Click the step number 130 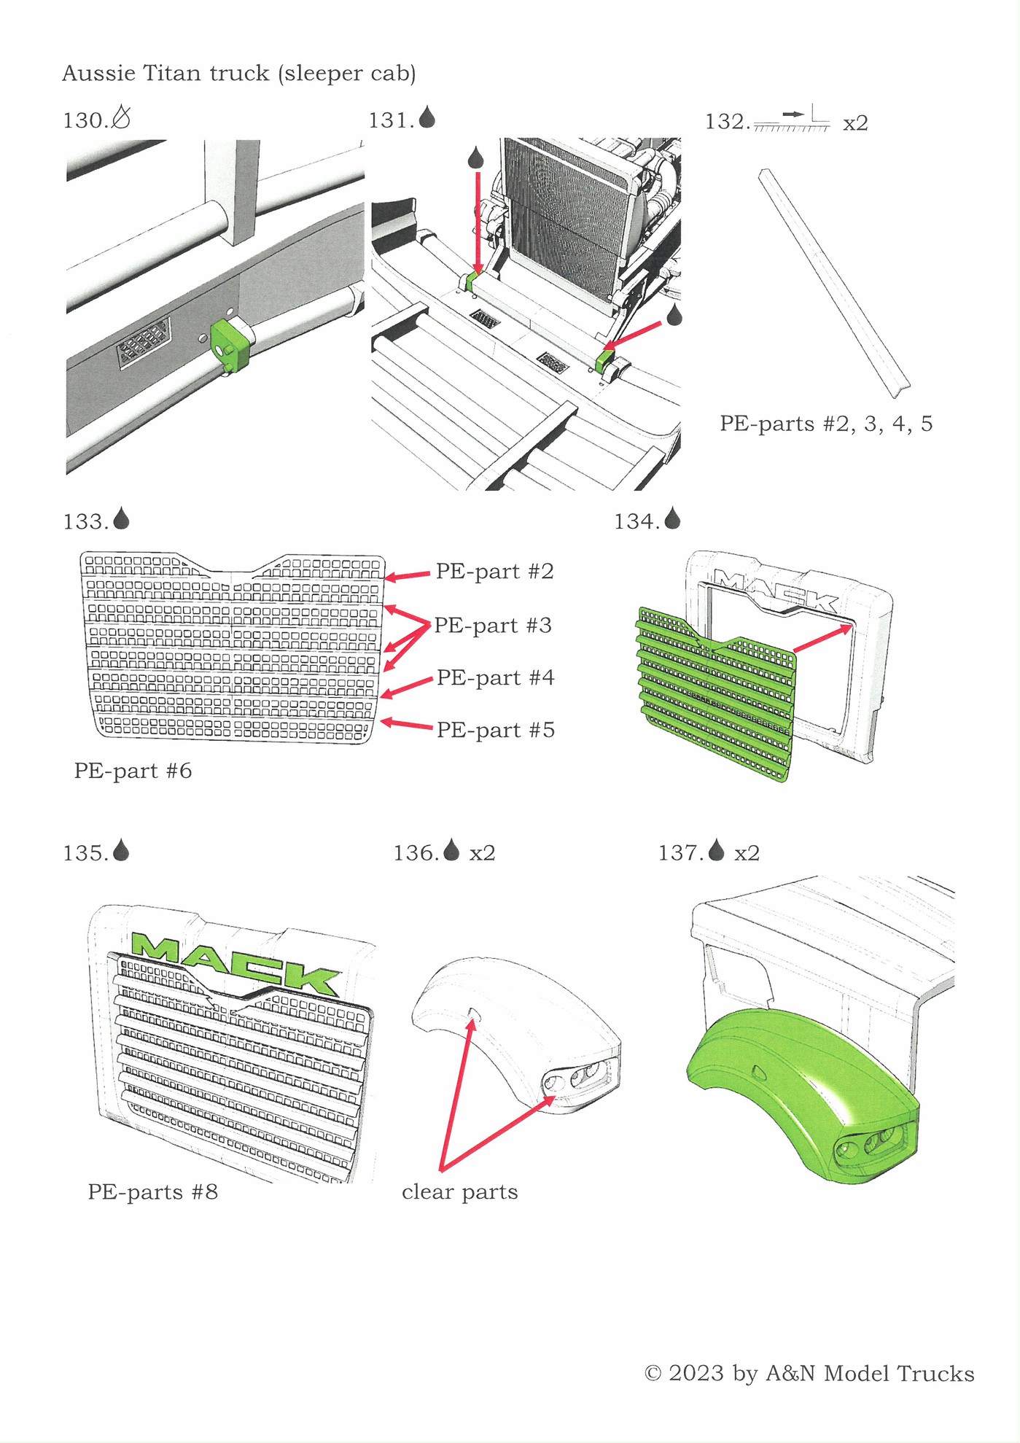[x=85, y=120]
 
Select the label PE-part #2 [x=494, y=572]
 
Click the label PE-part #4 [x=495, y=678]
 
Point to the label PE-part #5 [x=495, y=731]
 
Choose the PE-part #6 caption [x=133, y=771]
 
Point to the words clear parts [x=459, y=1192]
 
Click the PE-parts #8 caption [x=152, y=1192]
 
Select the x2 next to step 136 [x=482, y=853]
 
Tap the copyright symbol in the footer [x=653, y=1374]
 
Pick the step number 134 [x=636, y=522]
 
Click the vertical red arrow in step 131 [x=478, y=219]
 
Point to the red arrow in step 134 [x=822, y=638]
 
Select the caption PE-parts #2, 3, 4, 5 [x=825, y=424]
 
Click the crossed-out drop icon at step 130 [x=122, y=117]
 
